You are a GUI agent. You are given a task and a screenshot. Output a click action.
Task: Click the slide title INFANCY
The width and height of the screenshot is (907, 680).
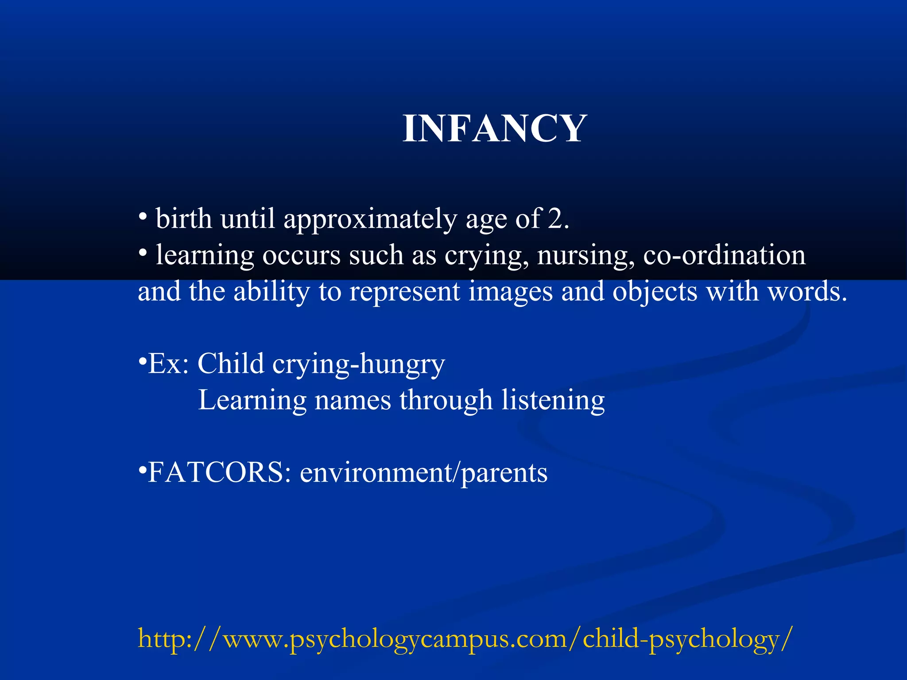[495, 129]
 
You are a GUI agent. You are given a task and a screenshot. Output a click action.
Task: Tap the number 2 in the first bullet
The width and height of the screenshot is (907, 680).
[554, 219]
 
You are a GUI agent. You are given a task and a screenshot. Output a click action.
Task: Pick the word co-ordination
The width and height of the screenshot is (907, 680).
[724, 255]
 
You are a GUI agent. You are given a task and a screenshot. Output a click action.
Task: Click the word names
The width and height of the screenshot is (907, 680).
[353, 401]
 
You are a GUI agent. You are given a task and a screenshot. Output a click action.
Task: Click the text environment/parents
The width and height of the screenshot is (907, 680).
[423, 473]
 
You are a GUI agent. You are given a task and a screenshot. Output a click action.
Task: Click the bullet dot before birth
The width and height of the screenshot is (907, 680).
[143, 217]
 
